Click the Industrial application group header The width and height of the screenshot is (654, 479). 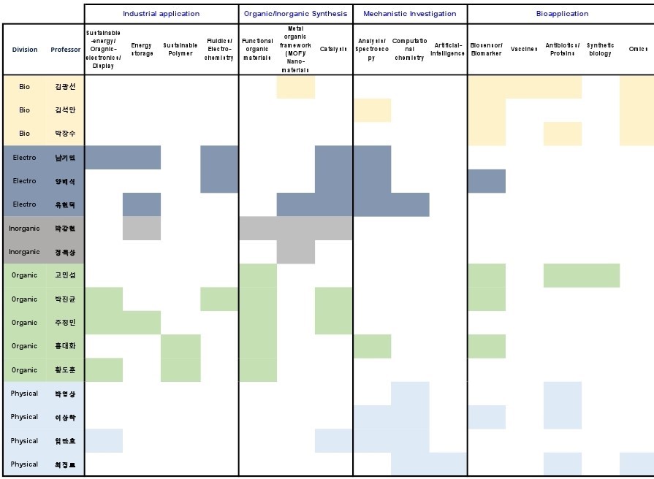[161, 14]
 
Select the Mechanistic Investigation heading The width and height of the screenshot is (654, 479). [409, 14]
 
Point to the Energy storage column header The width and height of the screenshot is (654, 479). [142, 50]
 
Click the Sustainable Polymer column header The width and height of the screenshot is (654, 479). [180, 50]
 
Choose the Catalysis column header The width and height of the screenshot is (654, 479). [333, 50]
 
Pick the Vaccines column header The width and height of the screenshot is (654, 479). [524, 50]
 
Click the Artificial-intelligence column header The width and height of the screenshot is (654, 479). [448, 50]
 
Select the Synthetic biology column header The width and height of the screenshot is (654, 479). [600, 50]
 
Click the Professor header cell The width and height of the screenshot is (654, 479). [66, 50]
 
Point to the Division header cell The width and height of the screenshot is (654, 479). [25, 50]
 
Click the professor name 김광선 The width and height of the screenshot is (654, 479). [65, 86]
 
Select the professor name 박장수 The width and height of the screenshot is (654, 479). [65, 134]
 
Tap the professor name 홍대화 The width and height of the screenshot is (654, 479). [65, 346]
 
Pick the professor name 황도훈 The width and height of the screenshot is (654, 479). [65, 369]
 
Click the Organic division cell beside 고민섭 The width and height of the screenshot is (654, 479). [25, 275]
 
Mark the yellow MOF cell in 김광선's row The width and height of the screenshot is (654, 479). [295, 86]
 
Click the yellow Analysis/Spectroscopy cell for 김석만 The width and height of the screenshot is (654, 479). [372, 110]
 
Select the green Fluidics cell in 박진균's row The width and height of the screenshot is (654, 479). [219, 299]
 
